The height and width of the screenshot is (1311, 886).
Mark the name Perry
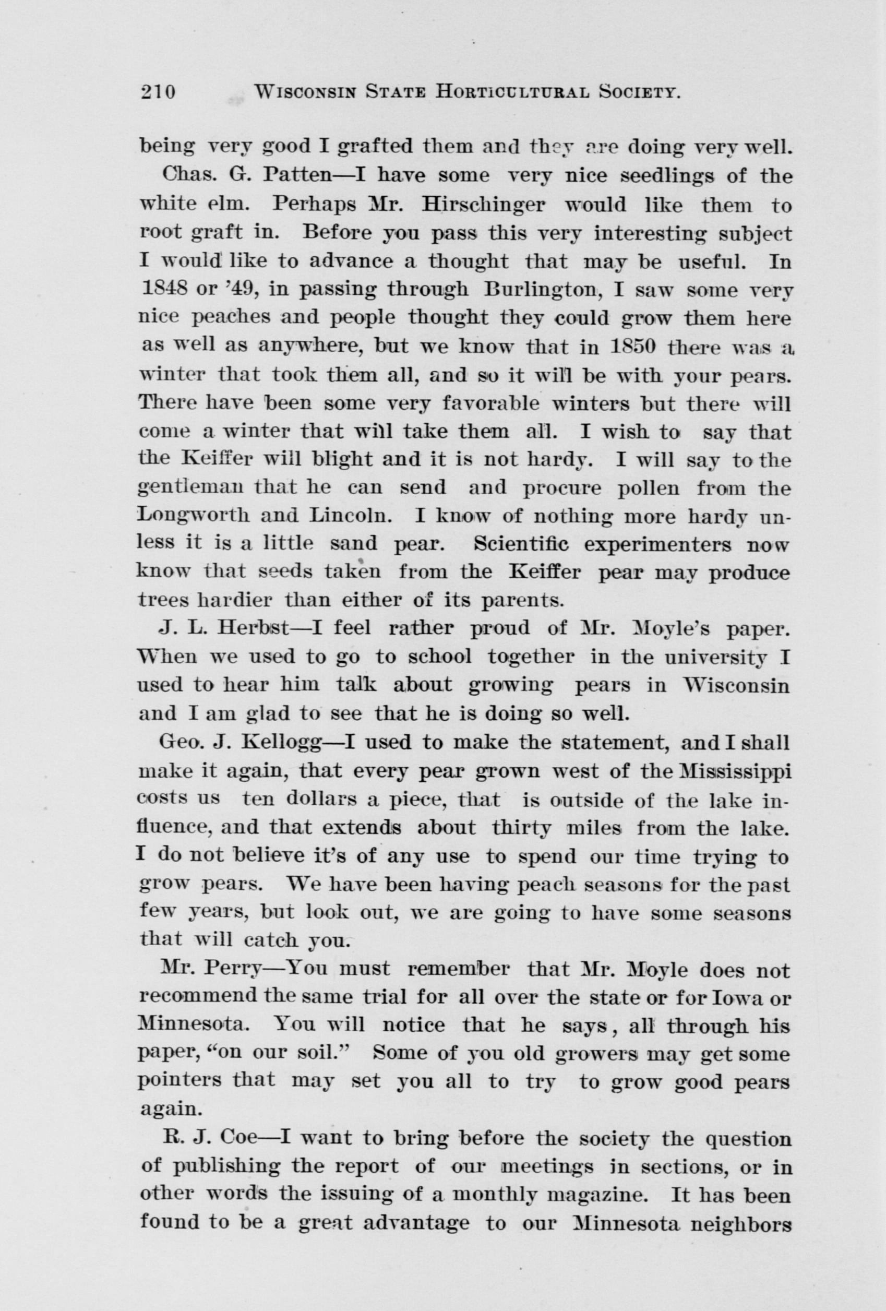(234, 969)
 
